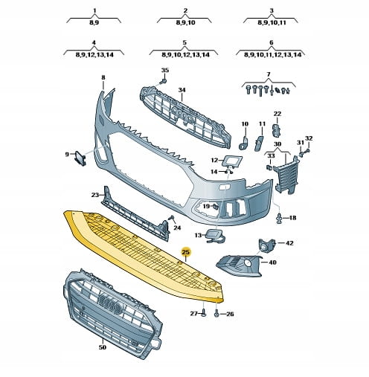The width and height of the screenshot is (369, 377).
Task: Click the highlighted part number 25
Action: (x=186, y=252)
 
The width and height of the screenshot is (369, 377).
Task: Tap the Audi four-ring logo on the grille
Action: (x=110, y=304)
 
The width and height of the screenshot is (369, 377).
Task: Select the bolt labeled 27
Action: (x=203, y=312)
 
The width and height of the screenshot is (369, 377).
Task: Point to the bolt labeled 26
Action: (x=216, y=313)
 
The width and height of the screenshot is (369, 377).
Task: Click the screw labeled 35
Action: (x=163, y=81)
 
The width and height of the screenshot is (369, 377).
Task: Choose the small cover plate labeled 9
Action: (x=80, y=158)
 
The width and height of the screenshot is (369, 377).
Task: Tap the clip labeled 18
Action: (x=279, y=218)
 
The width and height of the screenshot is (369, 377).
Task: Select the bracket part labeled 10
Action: (x=244, y=143)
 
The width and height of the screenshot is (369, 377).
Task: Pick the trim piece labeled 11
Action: (x=258, y=143)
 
